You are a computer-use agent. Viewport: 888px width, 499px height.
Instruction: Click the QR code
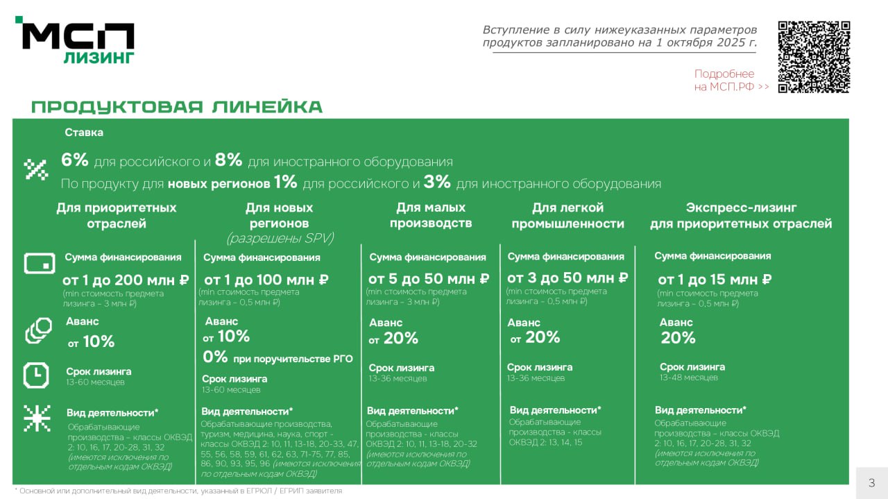pos(814,57)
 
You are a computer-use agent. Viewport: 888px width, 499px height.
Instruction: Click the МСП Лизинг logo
pos(76,42)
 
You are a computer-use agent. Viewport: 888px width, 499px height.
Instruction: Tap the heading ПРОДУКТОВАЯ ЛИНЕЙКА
pos(177,107)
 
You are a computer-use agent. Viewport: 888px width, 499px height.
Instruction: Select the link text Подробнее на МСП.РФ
pos(731,81)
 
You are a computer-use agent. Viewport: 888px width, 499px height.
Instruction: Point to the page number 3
pos(871,483)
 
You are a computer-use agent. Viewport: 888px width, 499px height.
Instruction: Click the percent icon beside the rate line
pos(36,169)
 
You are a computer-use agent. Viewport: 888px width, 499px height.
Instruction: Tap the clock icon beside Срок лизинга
pos(36,375)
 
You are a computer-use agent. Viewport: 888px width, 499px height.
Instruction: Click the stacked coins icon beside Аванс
pos(38,330)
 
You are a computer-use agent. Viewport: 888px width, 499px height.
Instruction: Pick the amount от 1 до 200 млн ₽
pos(126,280)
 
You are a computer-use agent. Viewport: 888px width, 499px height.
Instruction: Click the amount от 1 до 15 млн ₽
pos(715,280)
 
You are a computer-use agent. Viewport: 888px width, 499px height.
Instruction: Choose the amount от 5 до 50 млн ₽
pos(429,279)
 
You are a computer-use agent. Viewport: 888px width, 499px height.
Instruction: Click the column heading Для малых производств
pos(431,215)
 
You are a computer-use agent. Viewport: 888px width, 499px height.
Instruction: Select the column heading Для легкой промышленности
pos(568,215)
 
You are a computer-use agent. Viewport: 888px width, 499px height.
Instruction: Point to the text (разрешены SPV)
pos(280,238)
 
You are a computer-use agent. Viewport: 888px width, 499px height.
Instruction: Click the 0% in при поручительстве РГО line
pos(215,357)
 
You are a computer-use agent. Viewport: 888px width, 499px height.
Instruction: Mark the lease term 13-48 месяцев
pos(689,378)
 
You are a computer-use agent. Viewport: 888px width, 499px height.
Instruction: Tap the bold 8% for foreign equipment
pos(228,160)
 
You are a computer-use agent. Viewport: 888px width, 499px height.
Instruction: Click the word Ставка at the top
pos(84,133)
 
